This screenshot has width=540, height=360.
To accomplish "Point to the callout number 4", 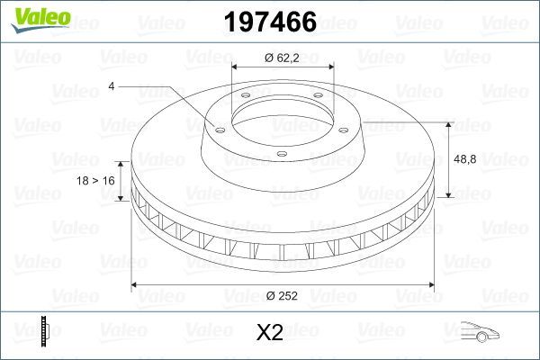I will click(110, 86).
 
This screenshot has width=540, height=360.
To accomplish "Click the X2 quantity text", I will click(270, 334).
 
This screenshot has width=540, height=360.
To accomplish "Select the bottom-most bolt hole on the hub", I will click(281, 154).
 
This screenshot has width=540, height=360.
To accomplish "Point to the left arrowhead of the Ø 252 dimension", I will click(136, 285).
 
